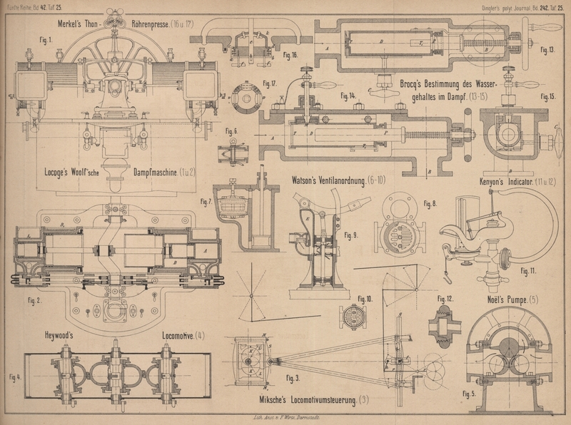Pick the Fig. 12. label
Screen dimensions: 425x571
pyautogui.click(x=445, y=298)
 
